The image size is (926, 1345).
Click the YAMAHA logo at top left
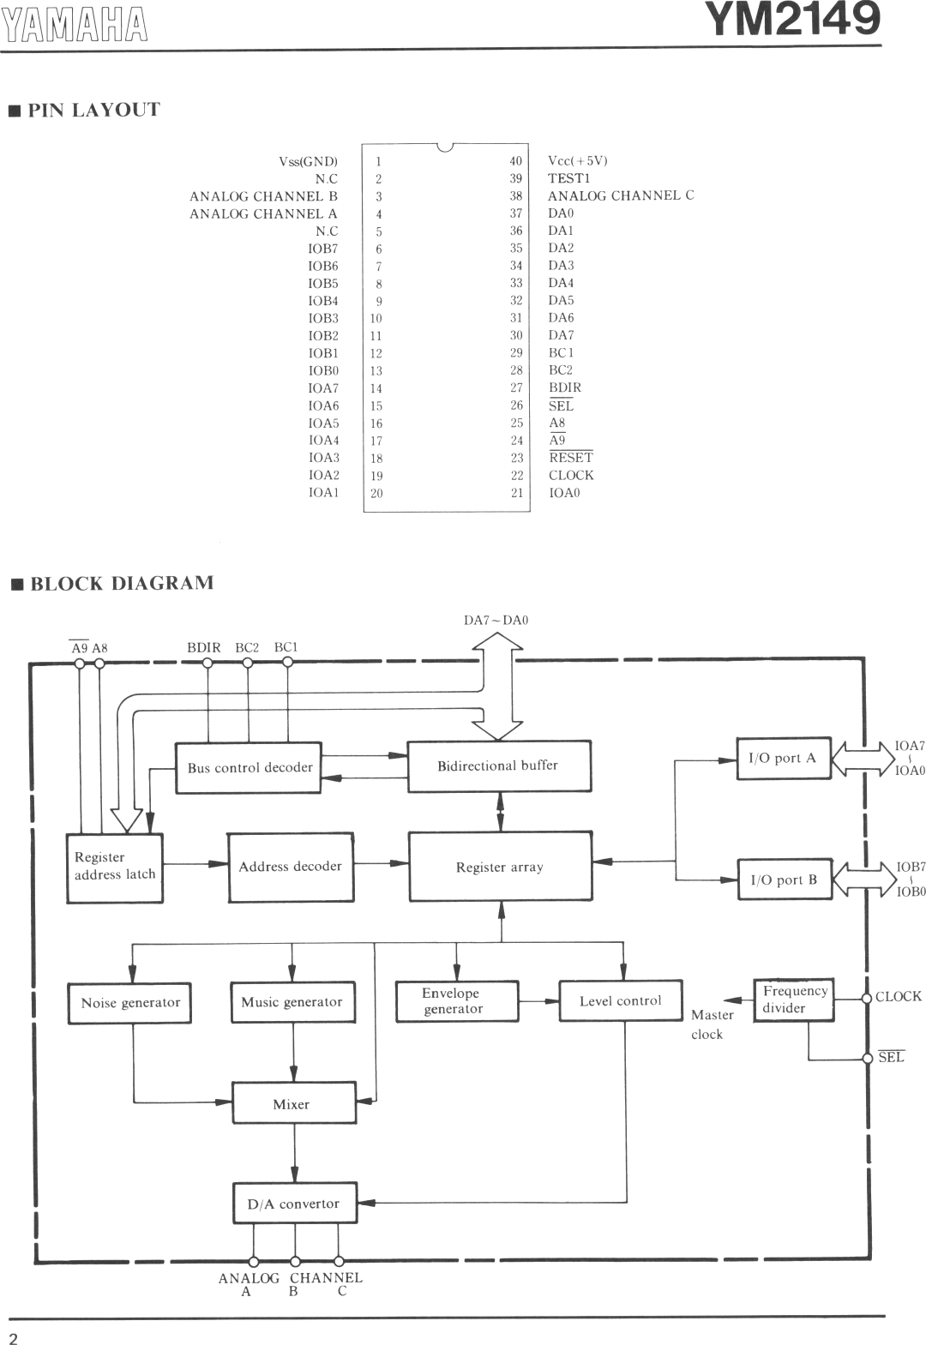coord(75,25)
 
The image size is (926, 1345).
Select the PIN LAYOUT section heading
coord(93,111)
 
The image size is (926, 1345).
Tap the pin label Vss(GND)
coord(308,161)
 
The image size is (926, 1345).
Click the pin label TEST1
coord(569,178)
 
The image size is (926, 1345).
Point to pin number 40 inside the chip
coord(515,161)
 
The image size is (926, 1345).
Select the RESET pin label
coord(571,458)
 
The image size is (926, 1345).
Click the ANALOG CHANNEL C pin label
coord(621,195)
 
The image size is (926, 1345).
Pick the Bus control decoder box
coord(249,767)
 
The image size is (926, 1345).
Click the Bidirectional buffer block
coord(499,766)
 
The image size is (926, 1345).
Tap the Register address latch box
coord(114,867)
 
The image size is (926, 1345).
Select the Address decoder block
coord(290,867)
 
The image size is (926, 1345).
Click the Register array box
coord(500,867)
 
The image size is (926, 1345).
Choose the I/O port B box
coord(785,880)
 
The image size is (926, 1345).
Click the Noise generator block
coord(129,1003)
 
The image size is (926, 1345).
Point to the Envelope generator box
coord(456,1001)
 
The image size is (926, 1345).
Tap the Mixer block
coord(293,1103)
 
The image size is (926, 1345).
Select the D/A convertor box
coord(294,1204)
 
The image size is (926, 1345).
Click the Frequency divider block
coord(793,1000)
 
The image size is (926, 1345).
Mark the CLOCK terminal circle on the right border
coord(867,998)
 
